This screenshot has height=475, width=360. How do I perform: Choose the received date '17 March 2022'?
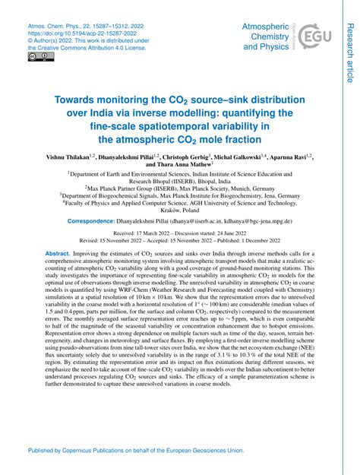pos(154,235)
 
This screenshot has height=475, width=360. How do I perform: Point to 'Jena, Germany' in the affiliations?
pos(276,195)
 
